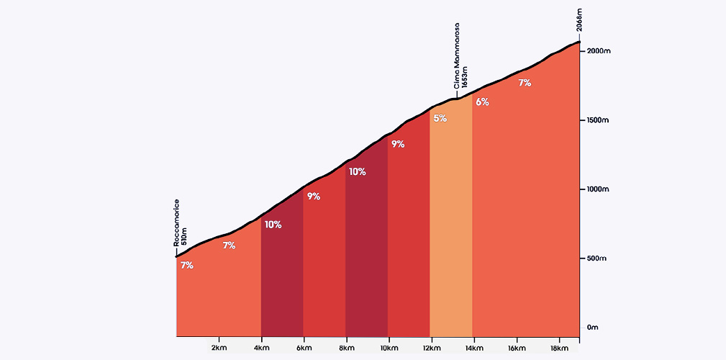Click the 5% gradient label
pyautogui.click(x=440, y=118)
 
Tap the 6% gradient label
pyautogui.click(x=482, y=102)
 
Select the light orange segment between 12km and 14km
pyautogui.click(x=451, y=230)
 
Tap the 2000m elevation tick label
pyautogui.click(x=599, y=51)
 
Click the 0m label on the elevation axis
pyautogui.click(x=592, y=328)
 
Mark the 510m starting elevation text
pyautogui.click(x=184, y=237)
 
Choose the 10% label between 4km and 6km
pyautogui.click(x=273, y=225)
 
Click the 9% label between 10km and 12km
pyautogui.click(x=398, y=144)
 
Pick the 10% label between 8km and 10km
pyautogui.click(x=358, y=172)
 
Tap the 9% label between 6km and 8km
pyautogui.click(x=314, y=196)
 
